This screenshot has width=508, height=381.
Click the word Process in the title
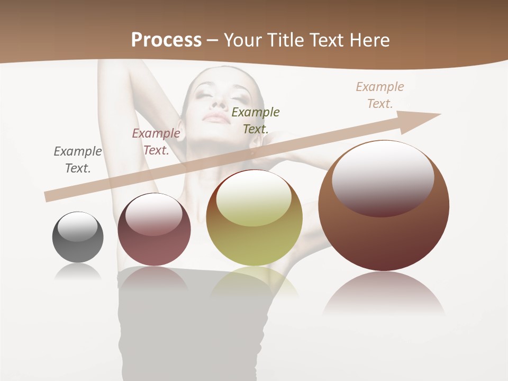click(166, 40)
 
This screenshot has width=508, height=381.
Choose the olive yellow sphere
click(254, 233)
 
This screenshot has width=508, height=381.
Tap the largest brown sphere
click(384, 233)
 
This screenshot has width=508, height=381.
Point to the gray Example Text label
click(77, 160)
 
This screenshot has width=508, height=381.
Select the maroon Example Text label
click(156, 142)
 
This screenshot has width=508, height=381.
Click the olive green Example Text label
click(255, 120)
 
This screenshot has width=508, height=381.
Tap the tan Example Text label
click(380, 95)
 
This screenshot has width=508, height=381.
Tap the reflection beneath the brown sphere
click(384, 294)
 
